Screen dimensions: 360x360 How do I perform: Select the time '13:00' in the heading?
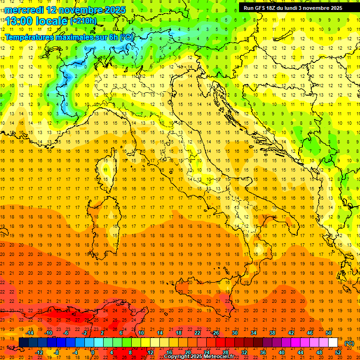point(19,21)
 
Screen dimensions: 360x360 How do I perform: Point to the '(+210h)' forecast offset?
point(84,21)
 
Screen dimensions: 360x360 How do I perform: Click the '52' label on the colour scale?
point(338,352)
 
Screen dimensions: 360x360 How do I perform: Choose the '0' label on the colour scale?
point(93,352)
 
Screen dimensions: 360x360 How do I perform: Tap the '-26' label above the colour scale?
point(215,333)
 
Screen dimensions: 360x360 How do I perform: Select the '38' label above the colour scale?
point(272,333)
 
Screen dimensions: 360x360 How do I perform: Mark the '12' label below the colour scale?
point(150,352)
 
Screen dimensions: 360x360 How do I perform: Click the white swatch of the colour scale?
point(333,342)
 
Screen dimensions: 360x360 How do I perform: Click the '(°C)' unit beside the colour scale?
point(349,343)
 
